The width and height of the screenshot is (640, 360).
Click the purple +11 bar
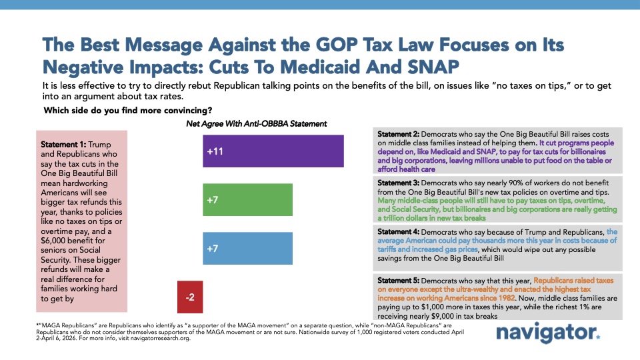coord(273,151)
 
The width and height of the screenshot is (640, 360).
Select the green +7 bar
coord(247,201)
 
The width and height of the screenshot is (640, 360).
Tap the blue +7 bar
coord(247,249)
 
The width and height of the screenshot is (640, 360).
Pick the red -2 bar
coord(190,297)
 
